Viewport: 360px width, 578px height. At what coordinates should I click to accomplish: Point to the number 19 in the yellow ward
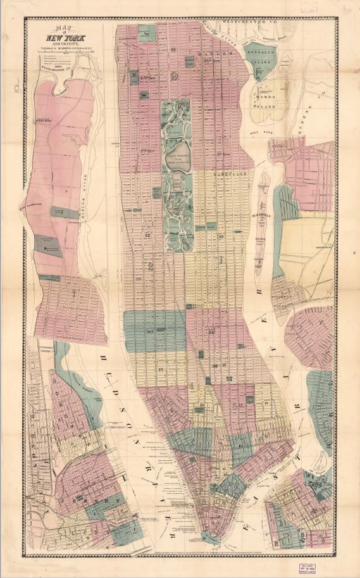(x=221, y=236)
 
